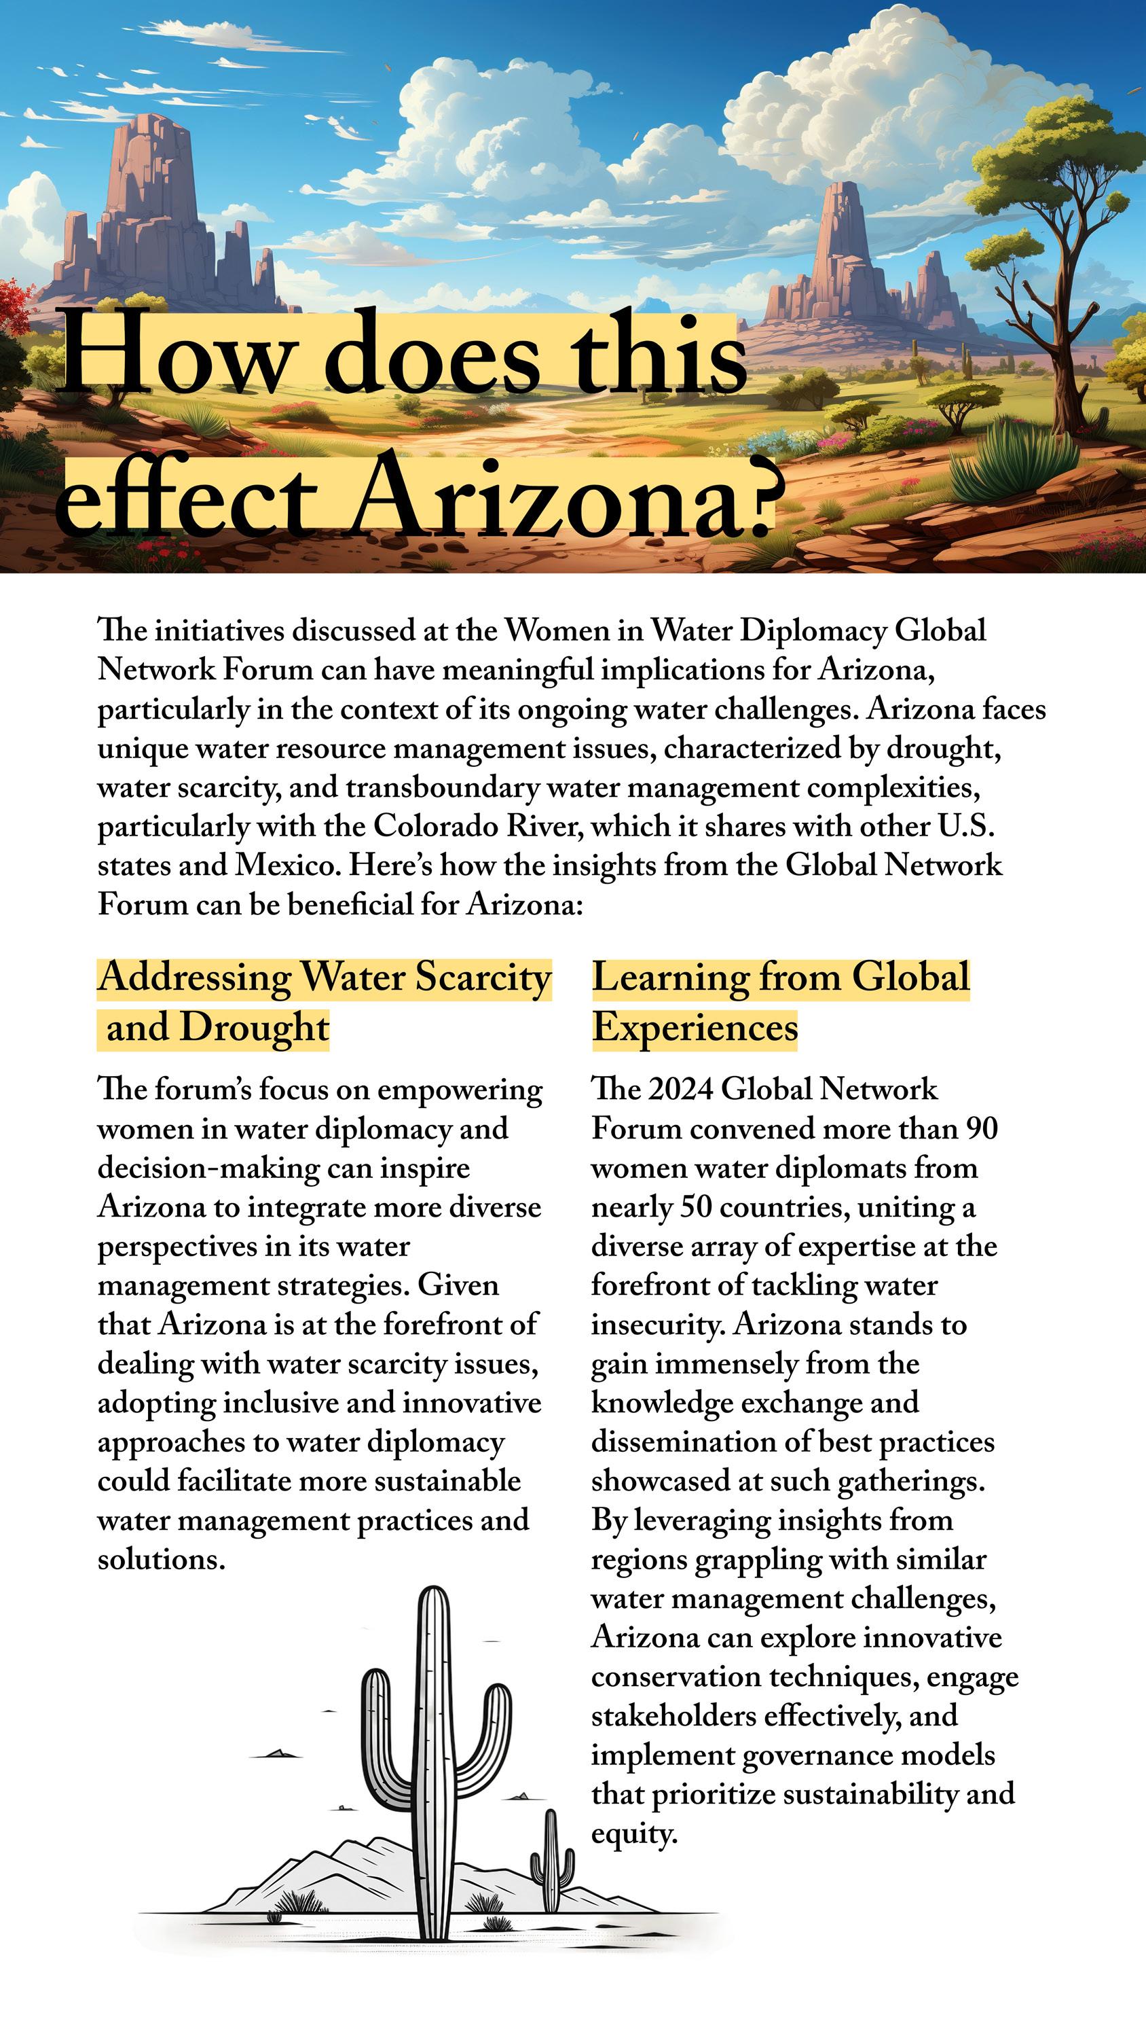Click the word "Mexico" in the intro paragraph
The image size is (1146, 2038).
pyautogui.click(x=286, y=865)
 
